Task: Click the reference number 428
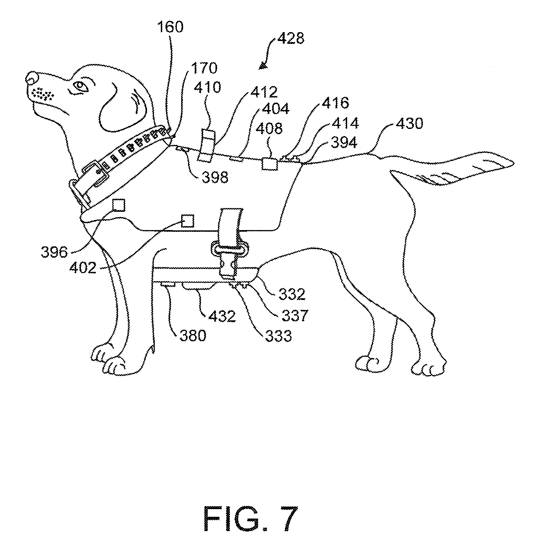(290, 39)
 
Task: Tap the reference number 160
(170, 27)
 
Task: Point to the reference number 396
(54, 252)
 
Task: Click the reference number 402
(83, 268)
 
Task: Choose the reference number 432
(222, 317)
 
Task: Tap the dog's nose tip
(32, 77)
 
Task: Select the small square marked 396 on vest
(119, 205)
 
